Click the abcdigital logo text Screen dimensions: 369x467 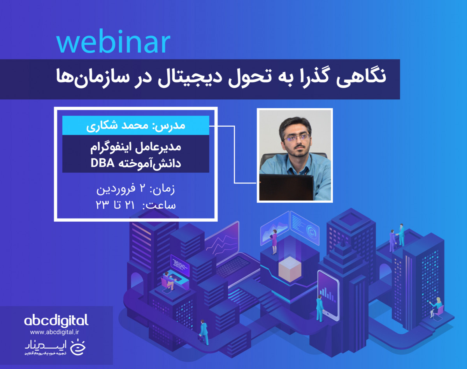click(56, 321)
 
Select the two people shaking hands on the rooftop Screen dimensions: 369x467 click(397, 235)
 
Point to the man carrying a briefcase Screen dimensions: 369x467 click(203, 331)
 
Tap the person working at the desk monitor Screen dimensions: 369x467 click(170, 280)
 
